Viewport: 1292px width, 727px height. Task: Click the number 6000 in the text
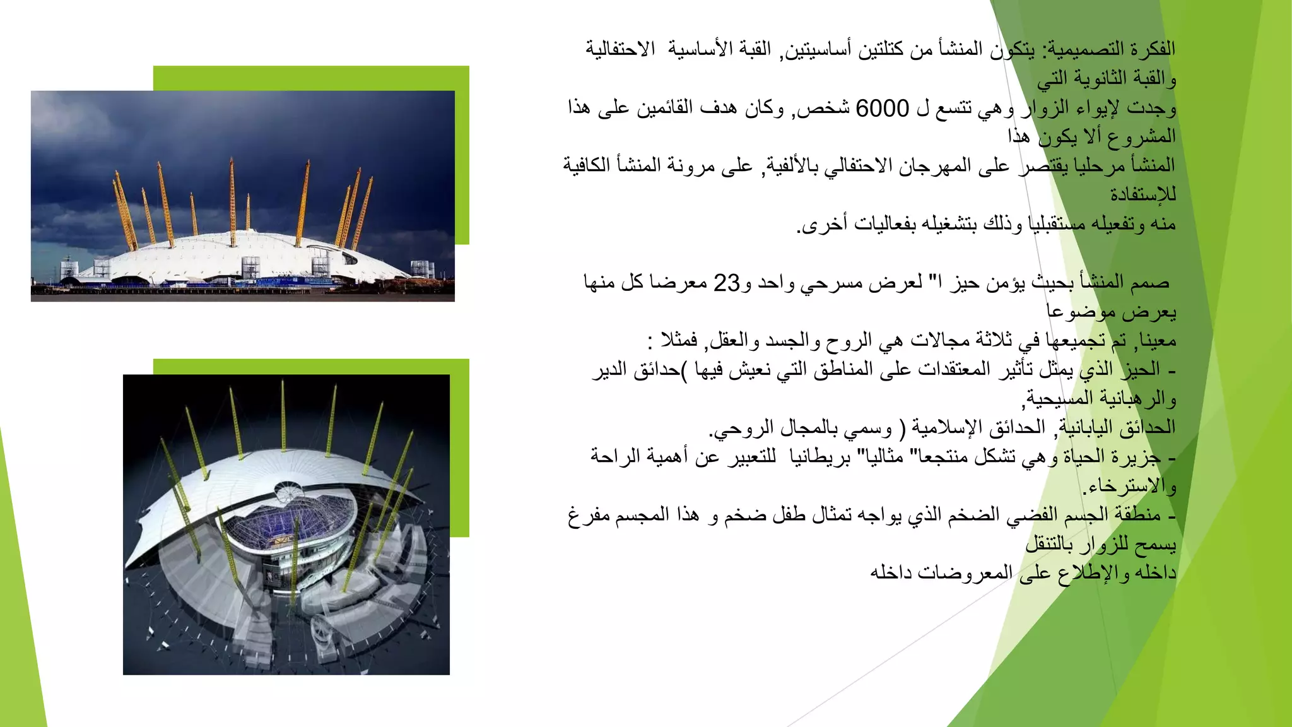882,109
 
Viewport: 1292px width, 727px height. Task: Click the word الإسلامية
946,427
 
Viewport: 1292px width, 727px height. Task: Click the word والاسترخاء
1129,485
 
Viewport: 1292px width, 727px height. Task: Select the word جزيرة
1136,456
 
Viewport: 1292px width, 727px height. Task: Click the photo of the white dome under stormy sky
242,196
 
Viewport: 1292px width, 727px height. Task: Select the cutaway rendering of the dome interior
286,524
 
